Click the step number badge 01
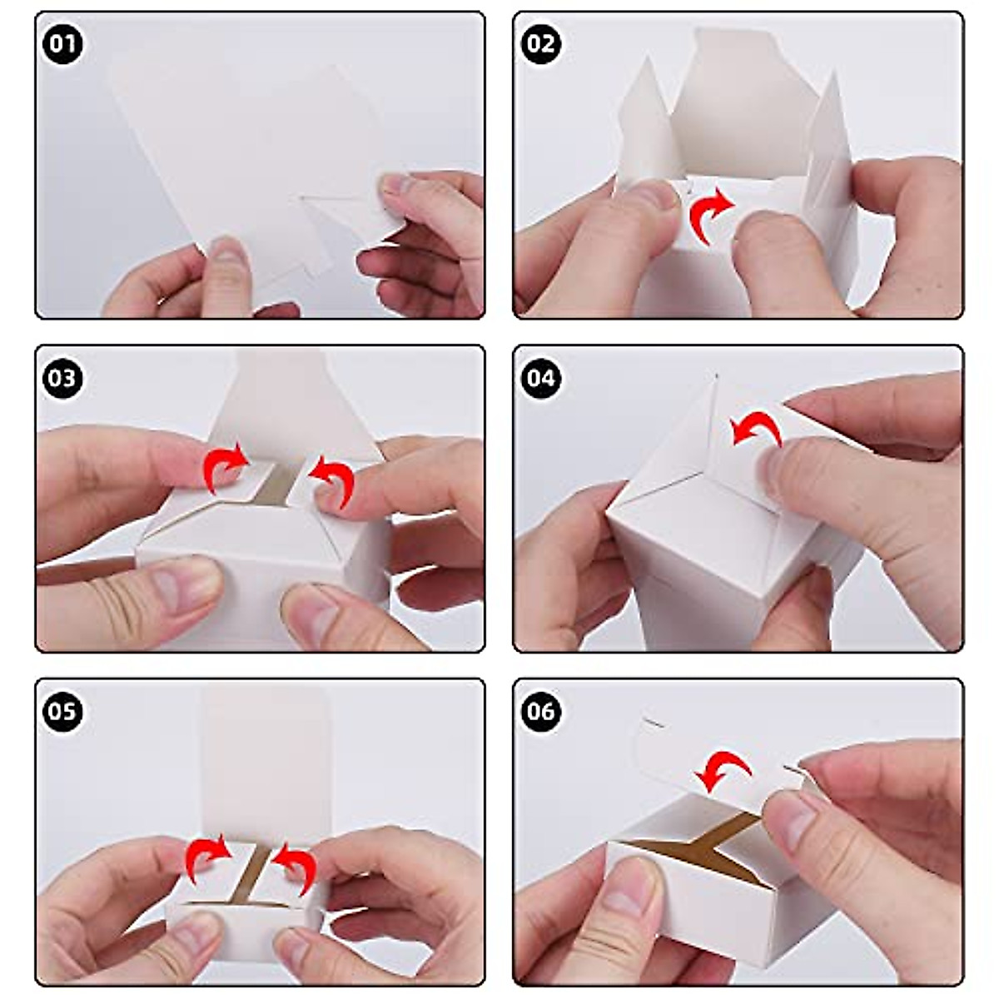tap(62, 43)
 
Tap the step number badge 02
tap(541, 43)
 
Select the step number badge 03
tap(62, 379)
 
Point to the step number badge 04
tap(541, 379)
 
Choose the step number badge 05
tap(62, 713)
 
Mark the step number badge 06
tap(541, 713)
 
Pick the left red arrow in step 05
tap(206, 857)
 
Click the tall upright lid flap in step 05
tap(266, 758)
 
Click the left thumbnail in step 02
tap(649, 196)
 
